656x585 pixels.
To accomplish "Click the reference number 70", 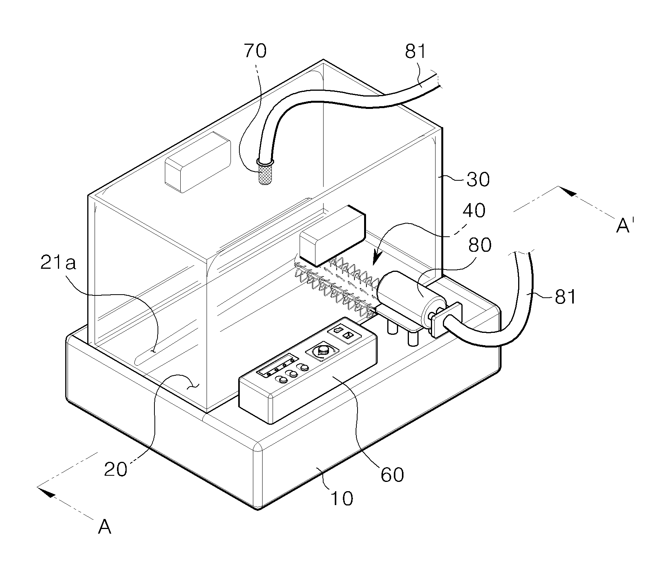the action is [x=255, y=51].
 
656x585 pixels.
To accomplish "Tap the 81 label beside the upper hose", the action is [x=415, y=51].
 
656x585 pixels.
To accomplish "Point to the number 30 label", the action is [x=478, y=180].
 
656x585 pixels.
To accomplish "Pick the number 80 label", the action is [x=479, y=245].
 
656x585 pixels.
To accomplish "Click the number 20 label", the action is [x=115, y=470].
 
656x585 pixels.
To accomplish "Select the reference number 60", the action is [x=392, y=474].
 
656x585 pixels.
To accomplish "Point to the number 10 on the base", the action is [x=342, y=499].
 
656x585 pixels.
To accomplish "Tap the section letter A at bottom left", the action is [x=105, y=526].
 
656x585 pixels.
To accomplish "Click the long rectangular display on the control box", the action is [x=277, y=365].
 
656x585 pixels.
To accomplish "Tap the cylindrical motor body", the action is [x=411, y=297].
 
